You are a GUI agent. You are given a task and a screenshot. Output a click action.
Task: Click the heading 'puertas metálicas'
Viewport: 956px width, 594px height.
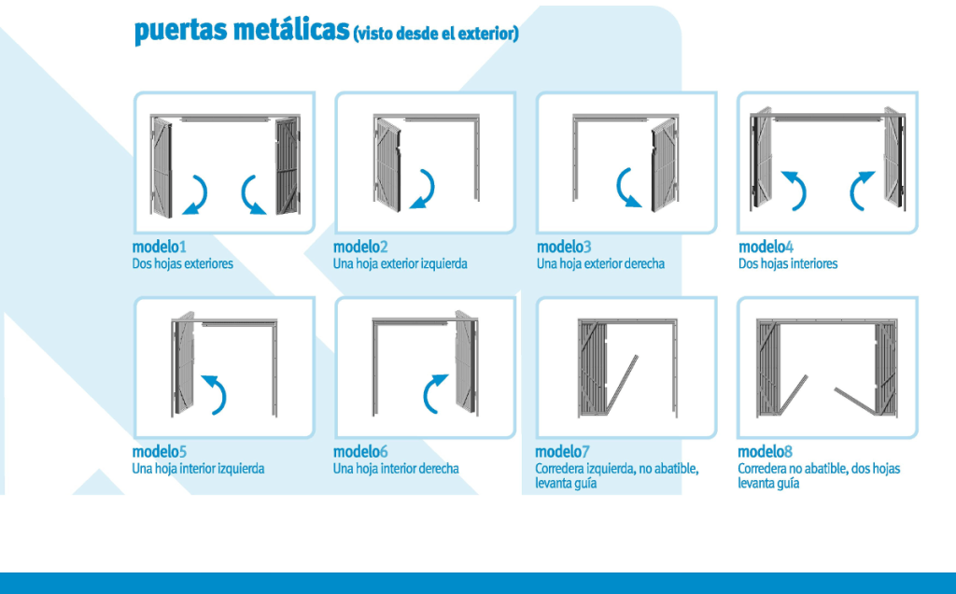tap(243, 31)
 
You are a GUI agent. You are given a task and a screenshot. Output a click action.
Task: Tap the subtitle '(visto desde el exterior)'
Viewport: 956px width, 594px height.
tap(436, 33)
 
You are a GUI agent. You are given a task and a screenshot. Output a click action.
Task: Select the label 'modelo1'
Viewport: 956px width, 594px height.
tap(159, 247)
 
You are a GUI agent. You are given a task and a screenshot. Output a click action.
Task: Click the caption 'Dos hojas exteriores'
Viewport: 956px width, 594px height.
tap(183, 263)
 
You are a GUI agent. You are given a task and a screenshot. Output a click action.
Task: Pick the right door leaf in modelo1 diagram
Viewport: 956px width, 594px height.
tap(288, 166)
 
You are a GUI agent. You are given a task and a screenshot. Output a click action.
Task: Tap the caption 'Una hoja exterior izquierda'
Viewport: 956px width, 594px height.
tap(400, 263)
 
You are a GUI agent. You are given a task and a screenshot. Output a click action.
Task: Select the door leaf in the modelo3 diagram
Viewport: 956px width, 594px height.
tap(665, 164)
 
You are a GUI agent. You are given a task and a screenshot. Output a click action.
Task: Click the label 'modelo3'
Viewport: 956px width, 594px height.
tap(564, 247)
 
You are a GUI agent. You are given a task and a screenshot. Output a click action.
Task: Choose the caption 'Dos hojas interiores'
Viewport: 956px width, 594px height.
tap(788, 263)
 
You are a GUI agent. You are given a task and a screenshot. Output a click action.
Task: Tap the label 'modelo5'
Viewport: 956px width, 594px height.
tap(159, 451)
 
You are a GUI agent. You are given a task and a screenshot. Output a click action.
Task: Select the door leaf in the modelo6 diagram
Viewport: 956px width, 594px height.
tap(467, 362)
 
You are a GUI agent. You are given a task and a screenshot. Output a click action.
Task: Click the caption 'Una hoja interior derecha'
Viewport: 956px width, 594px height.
tap(396, 468)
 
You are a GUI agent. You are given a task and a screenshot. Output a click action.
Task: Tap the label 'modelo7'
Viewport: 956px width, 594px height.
tap(562, 451)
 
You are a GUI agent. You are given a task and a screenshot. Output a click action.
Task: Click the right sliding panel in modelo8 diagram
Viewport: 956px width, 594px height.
tap(886, 368)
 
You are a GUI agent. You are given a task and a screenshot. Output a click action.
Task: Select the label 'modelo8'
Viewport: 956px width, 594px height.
tap(766, 451)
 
